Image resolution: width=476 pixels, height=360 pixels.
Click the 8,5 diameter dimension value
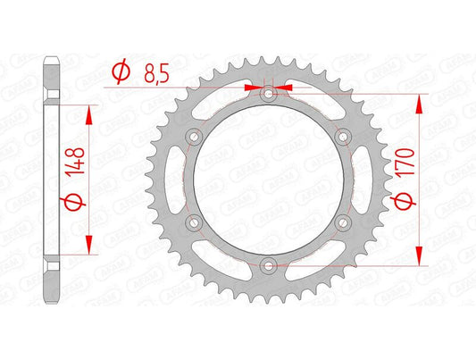(x=156, y=74)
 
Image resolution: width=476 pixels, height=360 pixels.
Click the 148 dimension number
(x=75, y=161)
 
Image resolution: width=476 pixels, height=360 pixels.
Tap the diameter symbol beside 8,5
(x=121, y=73)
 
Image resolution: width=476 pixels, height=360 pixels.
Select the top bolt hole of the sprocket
(x=268, y=94)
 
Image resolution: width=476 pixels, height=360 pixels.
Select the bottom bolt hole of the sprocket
(x=268, y=266)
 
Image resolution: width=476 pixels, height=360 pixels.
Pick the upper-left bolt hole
(x=195, y=137)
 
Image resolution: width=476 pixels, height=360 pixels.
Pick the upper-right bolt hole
(x=343, y=137)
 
